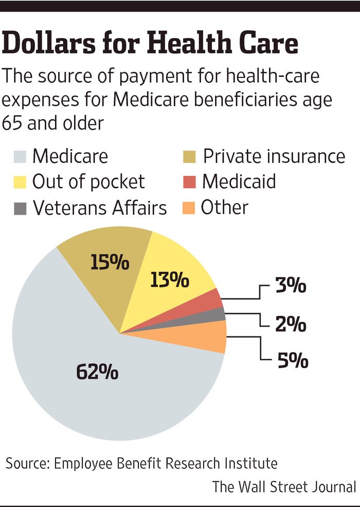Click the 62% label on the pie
98,372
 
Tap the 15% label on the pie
110,263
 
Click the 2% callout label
290,325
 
